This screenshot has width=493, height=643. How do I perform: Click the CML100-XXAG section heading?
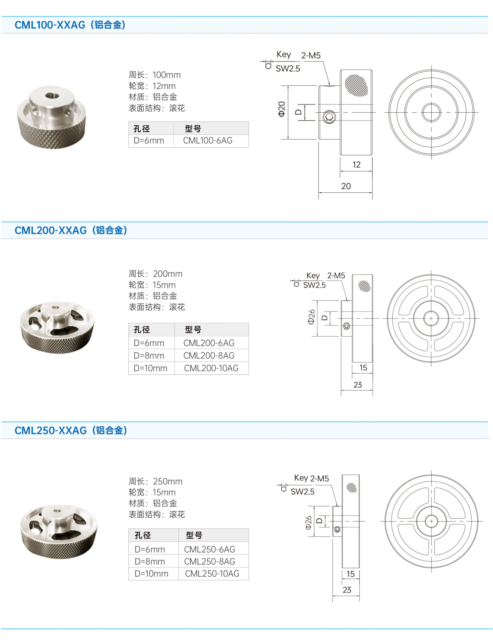point(70,25)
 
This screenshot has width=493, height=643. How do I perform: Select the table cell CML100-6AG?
point(208,141)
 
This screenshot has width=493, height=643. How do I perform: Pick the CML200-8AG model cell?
point(209,356)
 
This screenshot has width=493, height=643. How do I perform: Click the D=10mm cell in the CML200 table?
point(151,368)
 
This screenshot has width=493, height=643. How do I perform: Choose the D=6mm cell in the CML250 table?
point(150,549)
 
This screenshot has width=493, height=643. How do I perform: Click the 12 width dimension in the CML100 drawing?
point(356,165)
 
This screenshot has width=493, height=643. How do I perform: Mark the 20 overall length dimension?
point(346,186)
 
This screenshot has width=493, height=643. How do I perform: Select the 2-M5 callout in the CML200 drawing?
point(336,276)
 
